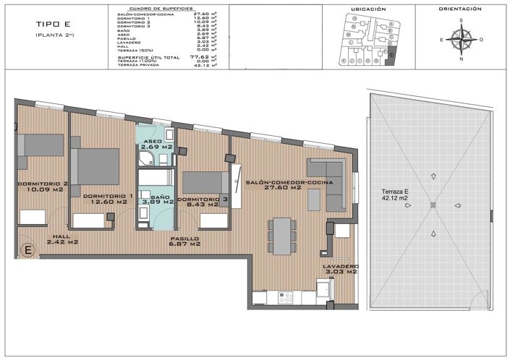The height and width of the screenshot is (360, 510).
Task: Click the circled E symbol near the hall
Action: (27, 250)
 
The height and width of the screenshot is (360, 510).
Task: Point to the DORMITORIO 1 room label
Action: (107, 195)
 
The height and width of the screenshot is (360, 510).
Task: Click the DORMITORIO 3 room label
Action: (203, 199)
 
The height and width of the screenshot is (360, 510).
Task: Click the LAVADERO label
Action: (340, 266)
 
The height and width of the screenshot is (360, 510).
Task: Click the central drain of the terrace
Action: (433, 206)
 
